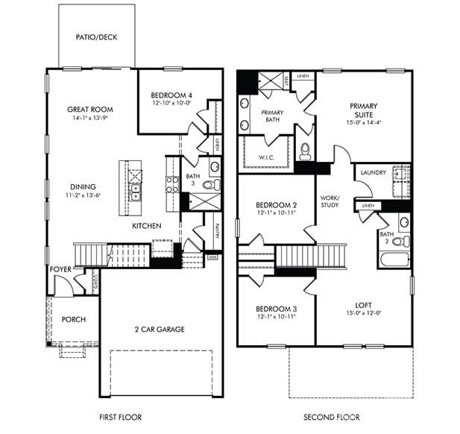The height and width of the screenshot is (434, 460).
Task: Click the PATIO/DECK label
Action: pos(96,37)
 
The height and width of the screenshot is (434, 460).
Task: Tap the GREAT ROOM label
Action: pos(90,109)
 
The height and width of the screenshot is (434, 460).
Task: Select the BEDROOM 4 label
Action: pos(171,95)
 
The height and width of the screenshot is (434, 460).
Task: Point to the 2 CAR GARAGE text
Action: pos(160,329)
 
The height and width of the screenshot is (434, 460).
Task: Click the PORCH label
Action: pos(73,320)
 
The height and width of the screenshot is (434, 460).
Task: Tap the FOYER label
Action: pos(61,269)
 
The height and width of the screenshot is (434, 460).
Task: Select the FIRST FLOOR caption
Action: pos(120,417)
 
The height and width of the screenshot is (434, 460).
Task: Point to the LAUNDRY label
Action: pos(373,172)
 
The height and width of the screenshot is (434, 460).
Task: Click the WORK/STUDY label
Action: pos(330,201)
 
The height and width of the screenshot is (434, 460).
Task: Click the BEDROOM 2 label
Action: pos(277,204)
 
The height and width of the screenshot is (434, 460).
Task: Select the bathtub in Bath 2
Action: pos(393,260)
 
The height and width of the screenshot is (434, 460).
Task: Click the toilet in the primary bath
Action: pos(305,151)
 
